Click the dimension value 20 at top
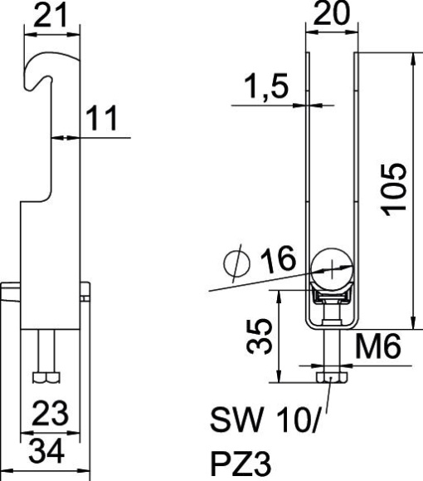coord(332,16)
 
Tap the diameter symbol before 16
coord(239,265)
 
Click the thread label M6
coord(381,348)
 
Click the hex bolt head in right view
coord(333,379)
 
